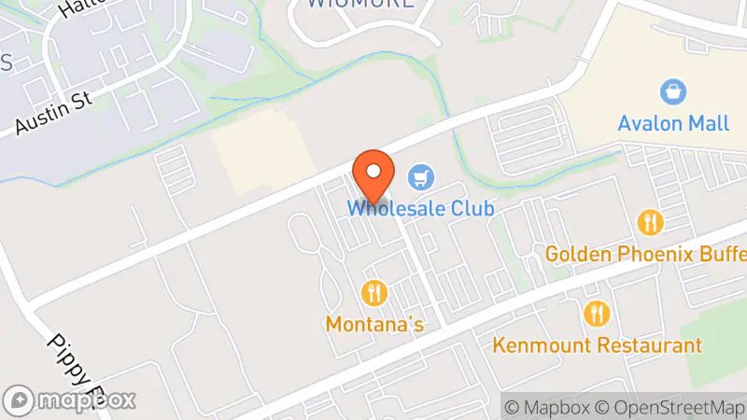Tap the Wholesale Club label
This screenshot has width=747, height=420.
point(420,208)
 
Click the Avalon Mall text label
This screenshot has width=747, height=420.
point(660,123)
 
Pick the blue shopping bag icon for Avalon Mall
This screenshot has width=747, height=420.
point(670,91)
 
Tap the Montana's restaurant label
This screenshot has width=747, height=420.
point(374,325)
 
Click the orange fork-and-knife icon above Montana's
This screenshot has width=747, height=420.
point(374,293)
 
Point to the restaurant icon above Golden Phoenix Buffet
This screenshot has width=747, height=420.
point(650,222)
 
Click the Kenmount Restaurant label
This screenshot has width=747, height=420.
point(597,345)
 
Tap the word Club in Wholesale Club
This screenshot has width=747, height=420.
point(466,208)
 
